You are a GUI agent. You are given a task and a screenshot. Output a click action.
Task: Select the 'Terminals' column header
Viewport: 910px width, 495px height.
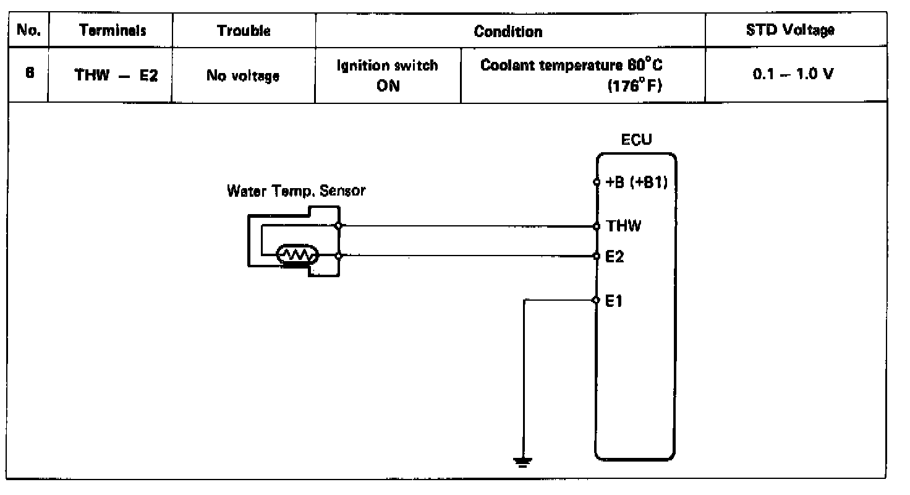coord(113,30)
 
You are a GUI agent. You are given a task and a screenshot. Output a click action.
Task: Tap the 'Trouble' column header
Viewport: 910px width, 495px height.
coord(244,30)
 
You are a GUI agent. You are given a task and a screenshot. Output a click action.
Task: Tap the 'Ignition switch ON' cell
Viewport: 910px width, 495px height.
coord(387,75)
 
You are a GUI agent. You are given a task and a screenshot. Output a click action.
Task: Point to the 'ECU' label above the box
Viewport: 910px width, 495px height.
coord(636,141)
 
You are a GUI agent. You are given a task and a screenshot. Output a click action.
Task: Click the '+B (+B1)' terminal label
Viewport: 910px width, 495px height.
coord(637,183)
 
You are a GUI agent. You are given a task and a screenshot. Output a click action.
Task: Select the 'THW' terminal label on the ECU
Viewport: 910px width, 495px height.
coord(624,226)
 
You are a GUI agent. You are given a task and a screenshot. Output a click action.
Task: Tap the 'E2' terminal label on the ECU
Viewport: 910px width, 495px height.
coord(615,256)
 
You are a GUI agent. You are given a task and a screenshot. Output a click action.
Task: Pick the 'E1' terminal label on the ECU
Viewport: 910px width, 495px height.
coord(614,301)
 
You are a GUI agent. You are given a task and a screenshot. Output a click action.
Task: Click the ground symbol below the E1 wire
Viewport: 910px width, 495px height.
coord(523,462)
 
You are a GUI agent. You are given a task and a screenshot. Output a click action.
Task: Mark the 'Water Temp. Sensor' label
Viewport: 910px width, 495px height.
coord(296,191)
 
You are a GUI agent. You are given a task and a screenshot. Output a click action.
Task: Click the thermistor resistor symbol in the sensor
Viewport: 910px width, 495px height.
coord(297,255)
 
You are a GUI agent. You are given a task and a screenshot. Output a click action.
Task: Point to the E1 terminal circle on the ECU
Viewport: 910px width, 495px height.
coord(596,301)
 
